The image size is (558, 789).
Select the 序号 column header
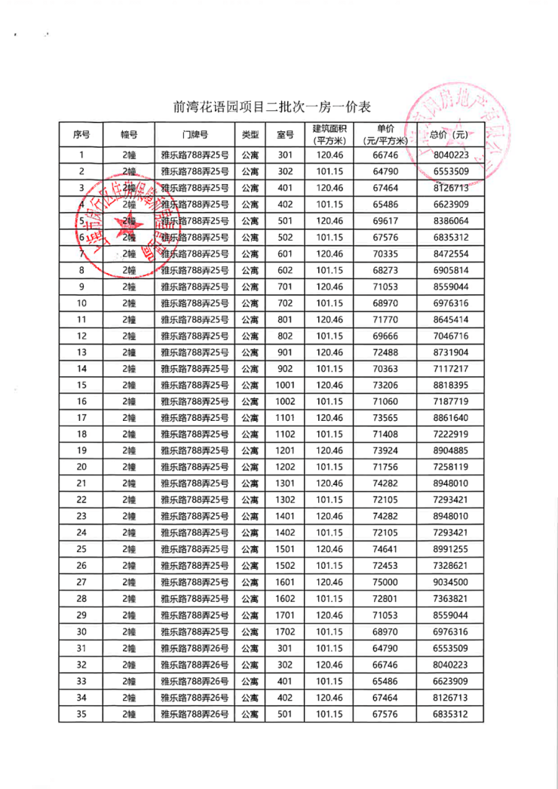pos(81,134)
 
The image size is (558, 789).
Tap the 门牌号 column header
pos(195,134)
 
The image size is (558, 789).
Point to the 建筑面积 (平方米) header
pos(328,134)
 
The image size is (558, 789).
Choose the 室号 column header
pos(285,134)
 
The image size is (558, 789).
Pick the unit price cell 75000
pos(385,582)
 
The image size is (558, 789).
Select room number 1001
pos(285,385)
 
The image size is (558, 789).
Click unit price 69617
pos(385,221)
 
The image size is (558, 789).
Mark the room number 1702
pos(285,631)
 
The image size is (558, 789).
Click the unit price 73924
pos(385,450)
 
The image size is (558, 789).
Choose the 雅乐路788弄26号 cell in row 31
pos(195,647)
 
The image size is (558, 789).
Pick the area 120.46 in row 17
pos(328,417)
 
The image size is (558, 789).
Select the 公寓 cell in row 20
pos(250,467)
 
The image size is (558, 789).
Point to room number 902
pos(285,368)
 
